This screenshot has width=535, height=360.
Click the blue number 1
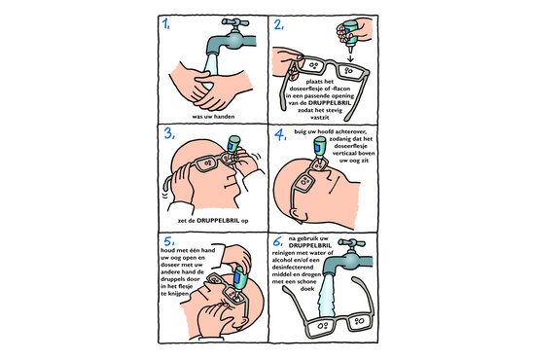point(165,23)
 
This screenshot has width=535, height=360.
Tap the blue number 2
point(279,24)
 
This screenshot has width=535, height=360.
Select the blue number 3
point(169,133)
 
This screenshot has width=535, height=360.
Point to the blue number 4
point(280,135)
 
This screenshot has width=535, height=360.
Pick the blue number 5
point(169,241)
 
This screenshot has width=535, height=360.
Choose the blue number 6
point(278,241)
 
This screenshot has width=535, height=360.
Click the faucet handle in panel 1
point(235,23)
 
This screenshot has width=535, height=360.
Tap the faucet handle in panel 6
point(351,243)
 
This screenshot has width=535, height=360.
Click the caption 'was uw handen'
point(213,117)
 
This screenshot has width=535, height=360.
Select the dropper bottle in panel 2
point(350,35)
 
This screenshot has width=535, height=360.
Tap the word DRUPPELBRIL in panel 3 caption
point(218,221)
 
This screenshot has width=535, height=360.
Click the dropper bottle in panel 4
point(319,148)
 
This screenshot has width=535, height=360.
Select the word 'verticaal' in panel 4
point(344,153)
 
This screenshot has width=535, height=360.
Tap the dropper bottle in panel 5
point(239,279)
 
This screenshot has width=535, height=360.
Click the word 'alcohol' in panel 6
point(283,260)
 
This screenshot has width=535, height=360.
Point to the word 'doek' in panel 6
point(307,289)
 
